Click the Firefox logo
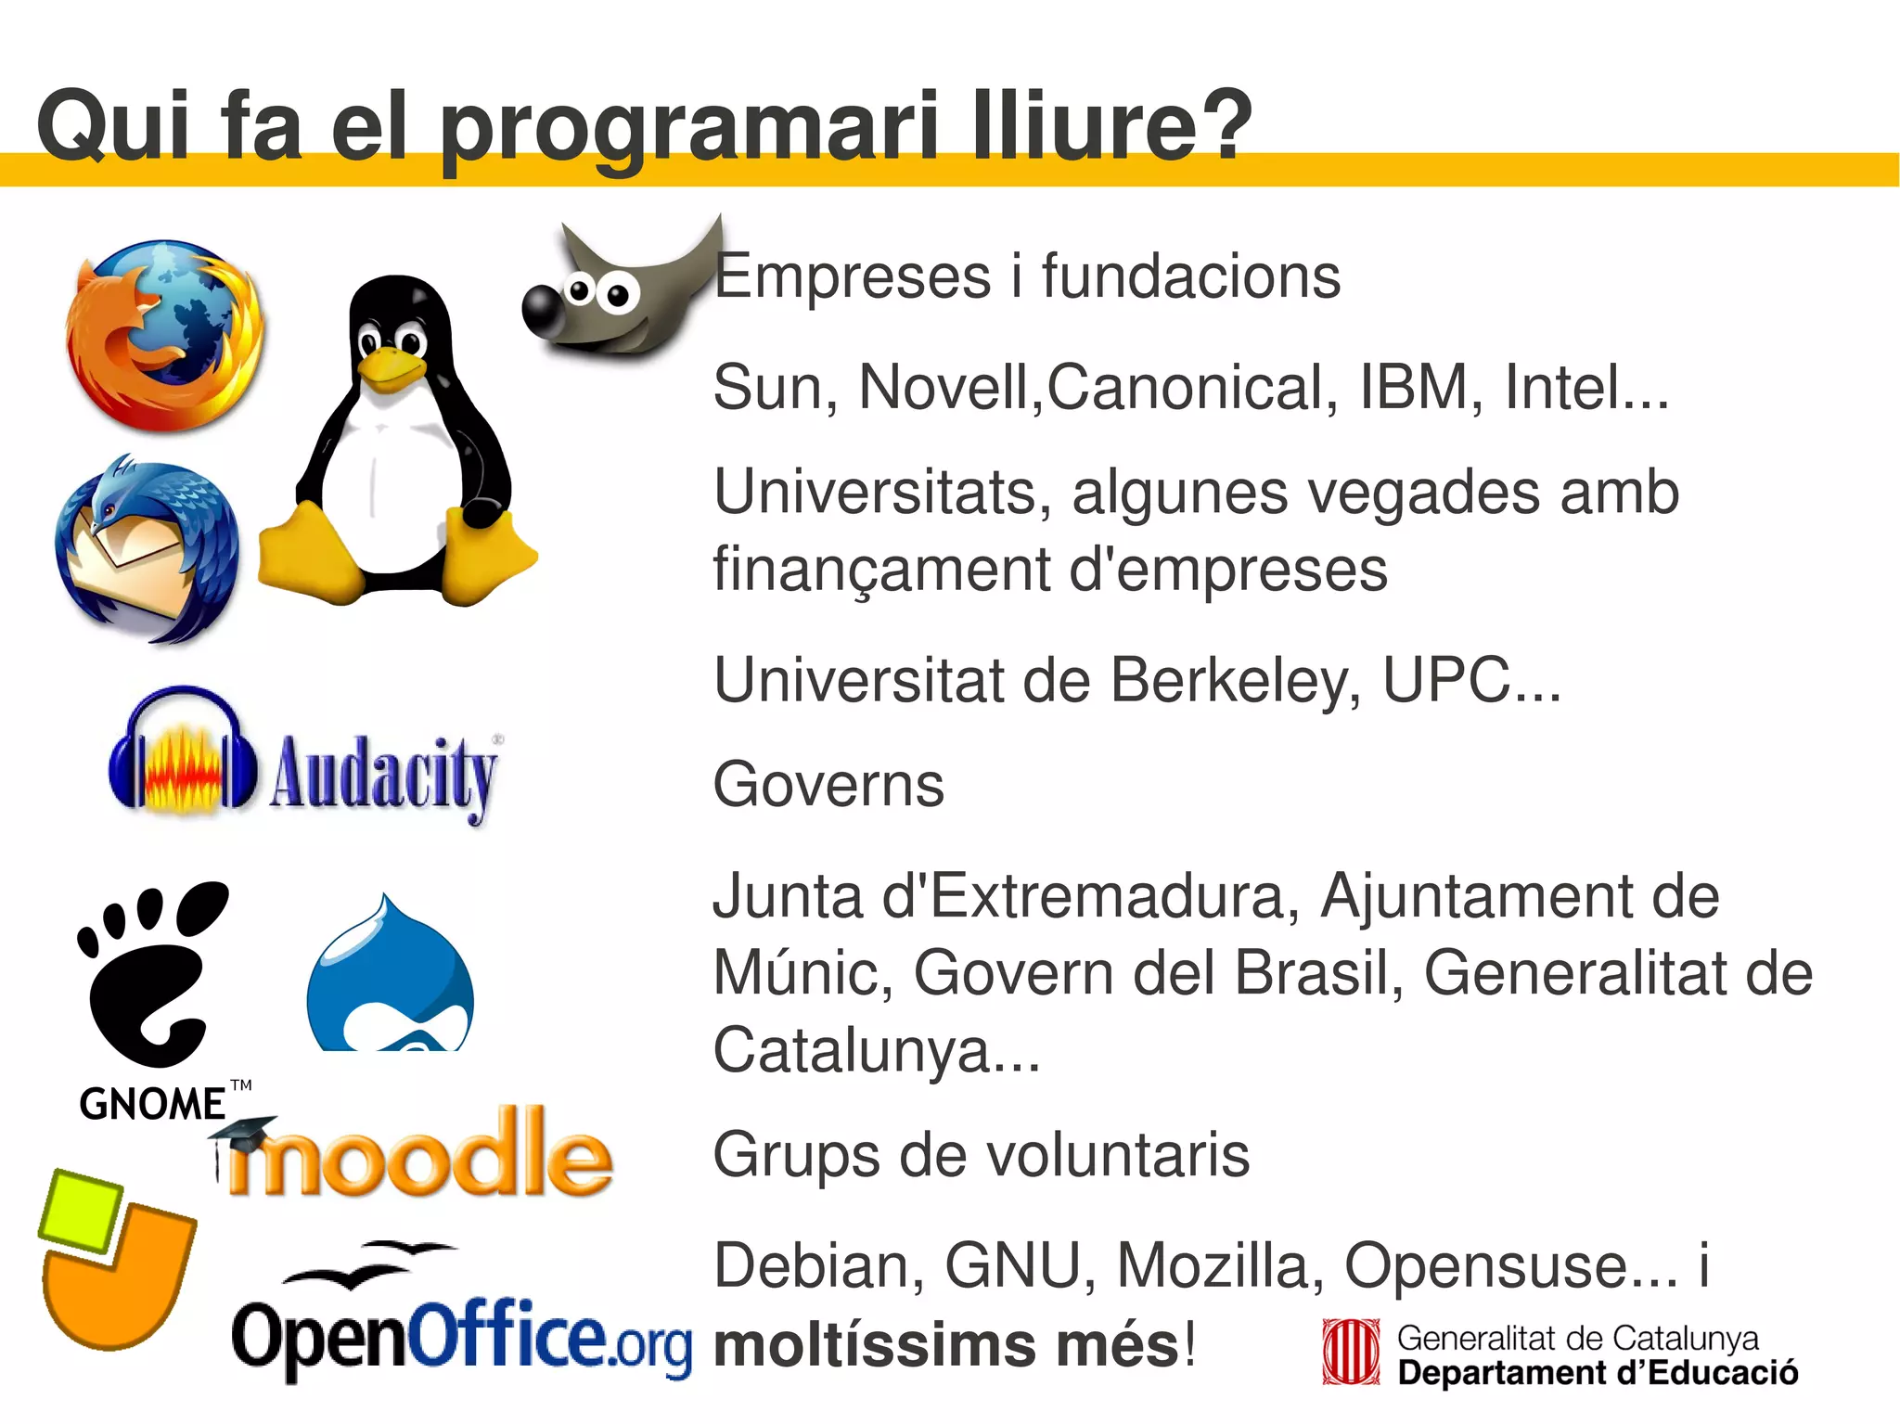coord(165,336)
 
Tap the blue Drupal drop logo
coord(390,979)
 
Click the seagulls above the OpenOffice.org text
coord(371,1264)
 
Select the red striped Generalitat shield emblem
coord(1351,1353)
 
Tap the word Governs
coord(828,785)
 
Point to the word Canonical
coord(1193,387)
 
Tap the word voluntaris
coord(1117,1155)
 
